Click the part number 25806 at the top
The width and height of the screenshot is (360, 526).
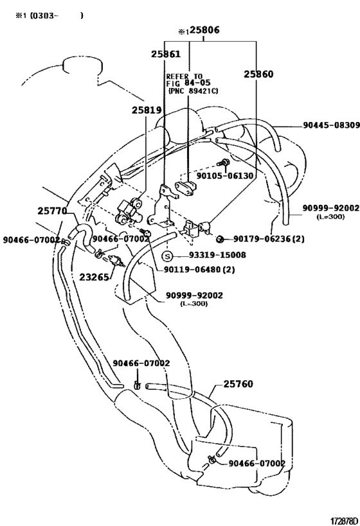coord(205,30)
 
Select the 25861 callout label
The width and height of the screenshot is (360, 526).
coord(165,55)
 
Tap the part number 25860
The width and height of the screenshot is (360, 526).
coord(258,75)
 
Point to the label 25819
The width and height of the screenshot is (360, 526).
coord(147,110)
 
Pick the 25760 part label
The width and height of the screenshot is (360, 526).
coord(238,385)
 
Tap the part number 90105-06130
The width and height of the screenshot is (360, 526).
coord(225,175)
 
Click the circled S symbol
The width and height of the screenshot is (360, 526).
coord(167,256)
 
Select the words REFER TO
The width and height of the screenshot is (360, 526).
coord(184,76)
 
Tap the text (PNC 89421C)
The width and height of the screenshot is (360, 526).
coord(194,91)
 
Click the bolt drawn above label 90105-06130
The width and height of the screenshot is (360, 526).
coord(222,162)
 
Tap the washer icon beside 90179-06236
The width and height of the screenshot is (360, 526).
coord(219,240)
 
